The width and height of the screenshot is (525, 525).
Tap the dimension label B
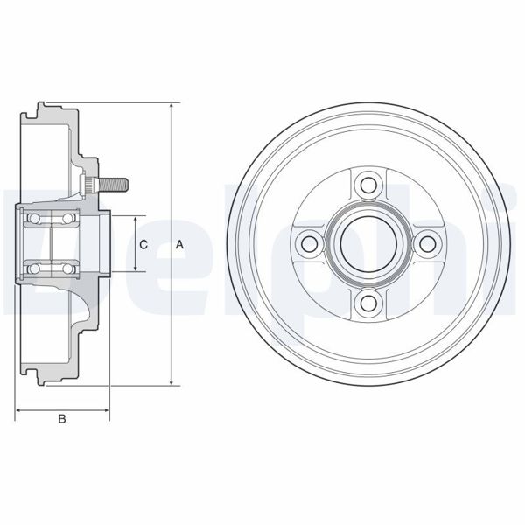(x=61, y=420)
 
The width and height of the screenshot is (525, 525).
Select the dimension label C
(x=143, y=244)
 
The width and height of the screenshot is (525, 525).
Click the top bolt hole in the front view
(x=367, y=185)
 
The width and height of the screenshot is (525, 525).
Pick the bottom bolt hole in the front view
(x=367, y=304)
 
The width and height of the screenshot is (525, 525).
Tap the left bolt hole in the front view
(x=308, y=244)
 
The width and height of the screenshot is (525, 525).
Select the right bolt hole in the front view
(x=427, y=244)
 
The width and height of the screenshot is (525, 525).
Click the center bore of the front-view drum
(x=367, y=244)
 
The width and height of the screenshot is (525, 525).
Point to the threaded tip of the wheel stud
(x=123, y=185)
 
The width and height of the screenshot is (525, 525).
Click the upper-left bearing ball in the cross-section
(x=36, y=218)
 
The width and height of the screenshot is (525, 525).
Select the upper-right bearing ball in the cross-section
(x=66, y=218)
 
